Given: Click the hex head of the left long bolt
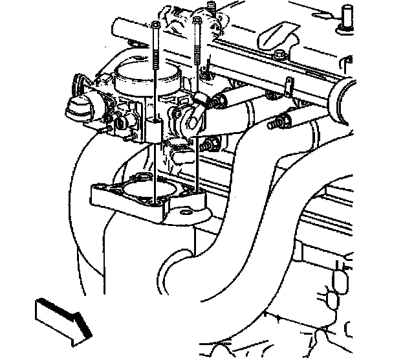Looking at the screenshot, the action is [x=157, y=25].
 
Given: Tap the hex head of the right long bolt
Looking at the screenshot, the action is [x=197, y=21].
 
